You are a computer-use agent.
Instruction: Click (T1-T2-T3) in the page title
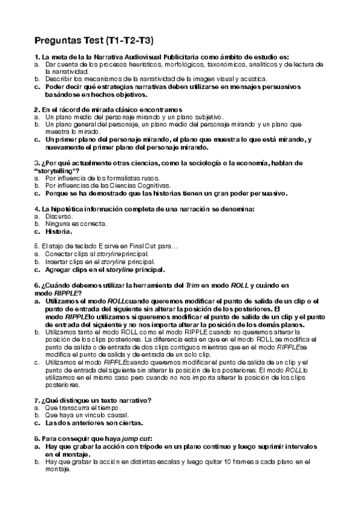(x=129, y=41)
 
